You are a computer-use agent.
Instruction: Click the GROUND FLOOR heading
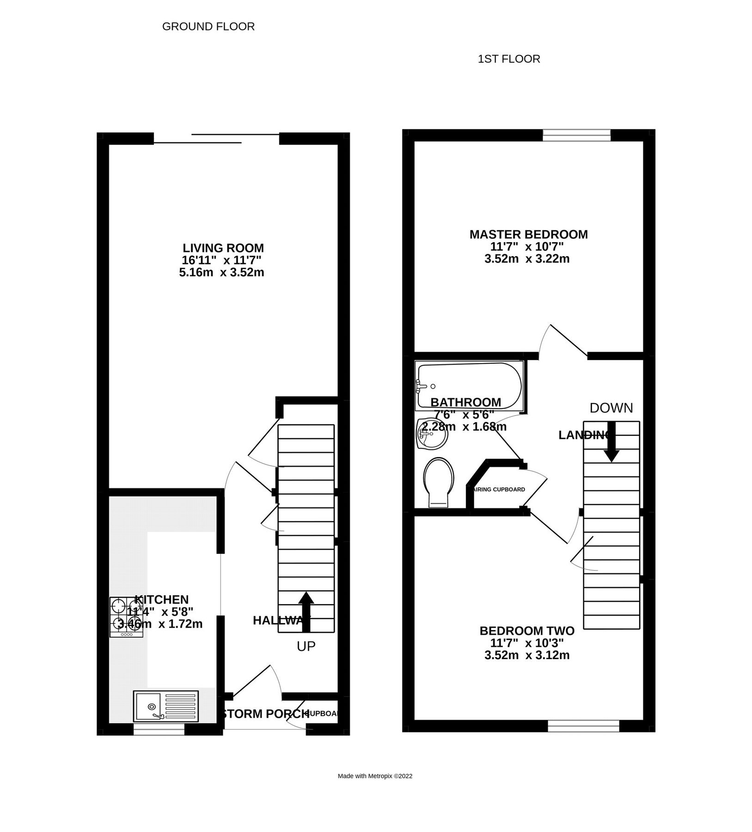(208, 27)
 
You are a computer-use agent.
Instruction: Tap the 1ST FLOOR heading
(508, 59)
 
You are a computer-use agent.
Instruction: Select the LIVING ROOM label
(223, 248)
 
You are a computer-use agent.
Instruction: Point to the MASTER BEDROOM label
(528, 234)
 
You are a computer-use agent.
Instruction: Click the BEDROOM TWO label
(526, 631)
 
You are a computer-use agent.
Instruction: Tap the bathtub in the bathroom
(469, 386)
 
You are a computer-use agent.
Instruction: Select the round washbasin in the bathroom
(432, 433)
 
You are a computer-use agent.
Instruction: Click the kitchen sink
(166, 706)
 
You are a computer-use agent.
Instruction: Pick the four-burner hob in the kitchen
(126, 618)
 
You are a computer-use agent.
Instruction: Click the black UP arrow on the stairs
(306, 611)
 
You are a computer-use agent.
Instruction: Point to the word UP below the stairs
(306, 646)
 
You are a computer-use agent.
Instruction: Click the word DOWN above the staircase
(611, 408)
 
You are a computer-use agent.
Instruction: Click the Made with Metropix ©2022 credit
(375, 776)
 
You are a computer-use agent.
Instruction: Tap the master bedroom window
(576, 135)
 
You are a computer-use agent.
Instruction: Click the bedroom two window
(583, 726)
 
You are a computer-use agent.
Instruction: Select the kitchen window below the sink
(159, 729)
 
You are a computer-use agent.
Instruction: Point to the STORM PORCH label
(265, 714)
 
